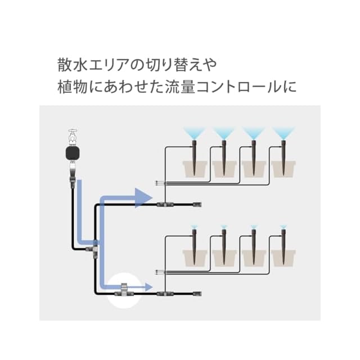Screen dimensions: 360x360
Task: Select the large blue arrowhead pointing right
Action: pos(143,197)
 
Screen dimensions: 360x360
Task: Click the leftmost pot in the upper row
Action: pos(195,168)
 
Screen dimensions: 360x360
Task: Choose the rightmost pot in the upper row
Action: pos(282,168)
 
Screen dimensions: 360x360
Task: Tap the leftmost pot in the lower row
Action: pos(195,258)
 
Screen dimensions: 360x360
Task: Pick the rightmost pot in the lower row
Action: pos(282,258)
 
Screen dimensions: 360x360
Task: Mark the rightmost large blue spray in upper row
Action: pos(283,134)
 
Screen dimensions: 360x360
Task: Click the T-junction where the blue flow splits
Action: pos(94,247)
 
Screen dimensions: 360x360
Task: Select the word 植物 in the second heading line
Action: pos(70,88)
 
